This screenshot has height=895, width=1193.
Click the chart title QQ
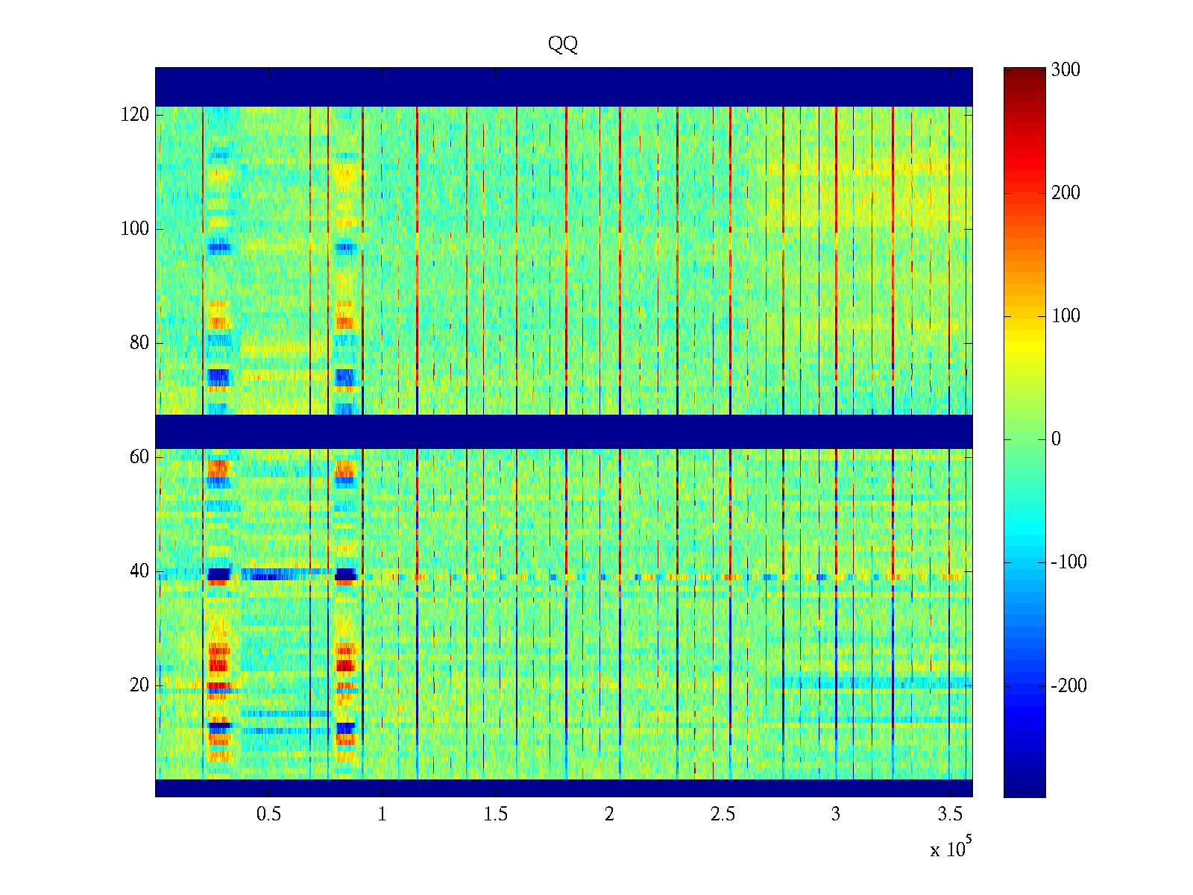563,45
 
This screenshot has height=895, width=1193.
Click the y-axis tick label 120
135,115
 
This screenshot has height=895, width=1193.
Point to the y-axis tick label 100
135,229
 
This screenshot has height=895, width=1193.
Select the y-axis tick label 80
139,343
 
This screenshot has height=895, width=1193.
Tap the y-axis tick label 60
139,457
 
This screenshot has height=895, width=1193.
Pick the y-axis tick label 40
139,571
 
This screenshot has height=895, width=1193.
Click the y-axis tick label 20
139,685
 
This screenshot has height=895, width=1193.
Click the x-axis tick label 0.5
268,814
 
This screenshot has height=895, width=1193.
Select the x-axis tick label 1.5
495,814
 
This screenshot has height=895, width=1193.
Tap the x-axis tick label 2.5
723,814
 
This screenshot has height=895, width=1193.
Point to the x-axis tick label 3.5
949,814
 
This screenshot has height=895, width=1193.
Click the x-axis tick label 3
836,814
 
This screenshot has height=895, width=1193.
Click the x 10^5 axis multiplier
951,849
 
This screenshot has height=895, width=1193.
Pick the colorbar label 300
1065,70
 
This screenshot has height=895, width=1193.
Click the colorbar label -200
1068,686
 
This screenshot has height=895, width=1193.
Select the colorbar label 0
1056,439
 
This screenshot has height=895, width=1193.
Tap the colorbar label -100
1068,562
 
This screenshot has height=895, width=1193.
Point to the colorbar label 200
1065,193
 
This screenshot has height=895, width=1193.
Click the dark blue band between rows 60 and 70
564,431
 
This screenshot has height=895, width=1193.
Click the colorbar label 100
1065,316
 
